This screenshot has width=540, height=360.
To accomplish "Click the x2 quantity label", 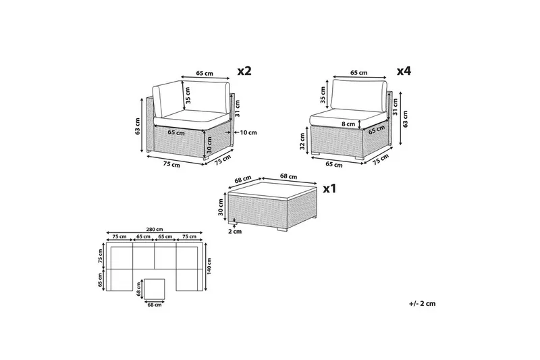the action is tap(245, 71).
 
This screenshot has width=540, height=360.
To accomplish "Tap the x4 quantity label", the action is tap(404, 72).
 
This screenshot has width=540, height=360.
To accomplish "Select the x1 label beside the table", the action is tap(329, 188).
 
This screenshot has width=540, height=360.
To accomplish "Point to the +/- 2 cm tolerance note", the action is tap(423, 303).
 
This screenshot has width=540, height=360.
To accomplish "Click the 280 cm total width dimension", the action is tap(155, 229).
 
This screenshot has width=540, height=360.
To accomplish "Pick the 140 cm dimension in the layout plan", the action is tap(209, 265).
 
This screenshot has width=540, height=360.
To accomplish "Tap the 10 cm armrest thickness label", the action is tap(248, 132).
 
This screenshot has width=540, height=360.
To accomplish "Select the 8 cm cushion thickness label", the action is tap(348, 124).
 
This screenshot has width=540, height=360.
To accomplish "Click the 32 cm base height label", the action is tap(302, 141).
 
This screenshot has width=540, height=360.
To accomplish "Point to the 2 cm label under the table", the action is tap(235, 231).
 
